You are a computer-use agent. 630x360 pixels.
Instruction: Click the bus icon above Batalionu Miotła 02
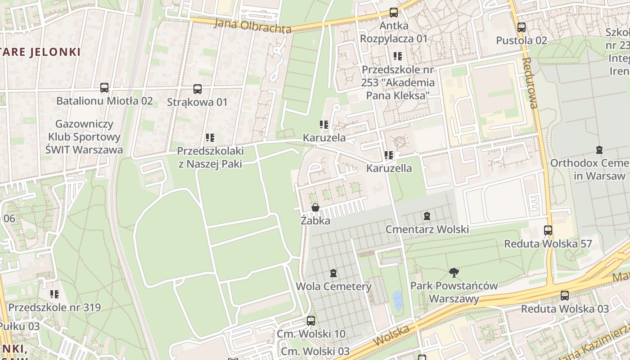click(104, 88)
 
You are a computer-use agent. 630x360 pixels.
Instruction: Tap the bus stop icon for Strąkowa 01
click(198, 89)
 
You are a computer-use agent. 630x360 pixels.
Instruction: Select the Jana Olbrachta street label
click(252, 26)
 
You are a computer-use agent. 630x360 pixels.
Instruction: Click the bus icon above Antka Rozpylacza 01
click(394, 13)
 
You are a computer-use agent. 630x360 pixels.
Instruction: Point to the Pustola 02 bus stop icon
click(522, 27)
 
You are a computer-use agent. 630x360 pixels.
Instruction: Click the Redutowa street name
click(530, 83)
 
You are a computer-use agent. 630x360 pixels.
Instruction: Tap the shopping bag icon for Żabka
click(315, 207)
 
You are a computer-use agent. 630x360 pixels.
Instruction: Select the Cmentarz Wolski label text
click(427, 229)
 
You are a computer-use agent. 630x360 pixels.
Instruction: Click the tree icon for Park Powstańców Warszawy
click(454, 272)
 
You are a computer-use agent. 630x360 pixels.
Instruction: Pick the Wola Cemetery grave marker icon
click(333, 273)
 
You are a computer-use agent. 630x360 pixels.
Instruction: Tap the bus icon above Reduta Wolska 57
click(548, 230)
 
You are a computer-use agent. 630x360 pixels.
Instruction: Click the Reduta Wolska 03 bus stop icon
click(565, 296)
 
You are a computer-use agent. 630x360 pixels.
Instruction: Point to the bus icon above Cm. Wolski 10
click(311, 321)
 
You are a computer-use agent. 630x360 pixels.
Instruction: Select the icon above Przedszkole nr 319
click(54, 294)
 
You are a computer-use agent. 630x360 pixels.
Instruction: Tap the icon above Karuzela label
click(324, 125)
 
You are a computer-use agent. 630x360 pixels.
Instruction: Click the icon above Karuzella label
click(389, 155)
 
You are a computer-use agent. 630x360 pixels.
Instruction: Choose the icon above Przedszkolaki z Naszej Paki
click(210, 137)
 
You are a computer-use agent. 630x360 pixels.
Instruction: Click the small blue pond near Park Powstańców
click(397, 300)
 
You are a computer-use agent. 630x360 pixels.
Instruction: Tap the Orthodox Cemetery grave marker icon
click(599, 150)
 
